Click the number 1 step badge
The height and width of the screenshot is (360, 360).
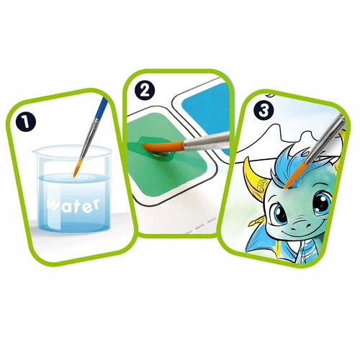[x=26, y=122]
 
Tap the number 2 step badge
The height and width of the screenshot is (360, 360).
[x=145, y=91]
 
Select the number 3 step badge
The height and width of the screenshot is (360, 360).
[x=264, y=111]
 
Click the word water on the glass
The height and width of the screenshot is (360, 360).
[x=73, y=205]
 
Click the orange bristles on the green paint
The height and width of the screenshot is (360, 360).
[x=163, y=147]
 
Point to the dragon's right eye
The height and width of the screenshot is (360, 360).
[x=321, y=203]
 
